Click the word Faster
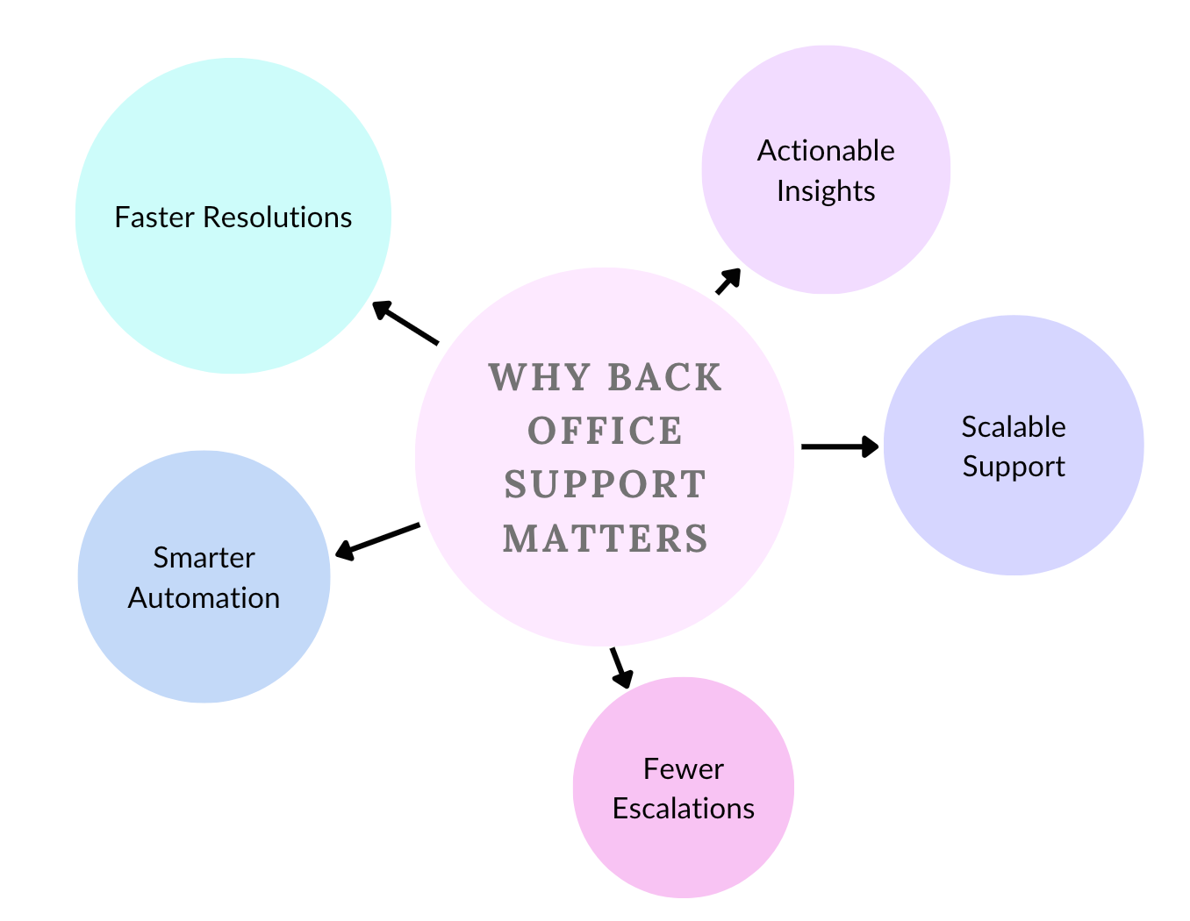point(154,218)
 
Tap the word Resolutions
point(277,218)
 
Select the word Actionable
point(826,151)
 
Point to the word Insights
point(826,191)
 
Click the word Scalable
point(1014,427)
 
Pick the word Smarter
point(204,558)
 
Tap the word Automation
point(204,598)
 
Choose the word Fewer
point(684,769)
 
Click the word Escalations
point(684,809)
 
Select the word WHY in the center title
point(540,377)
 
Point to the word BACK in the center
point(665,377)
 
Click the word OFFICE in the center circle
point(606,431)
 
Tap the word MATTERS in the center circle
point(606,539)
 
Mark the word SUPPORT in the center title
point(606,484)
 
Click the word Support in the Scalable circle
point(1014,468)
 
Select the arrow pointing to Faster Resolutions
point(405,322)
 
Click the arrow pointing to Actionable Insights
point(728,282)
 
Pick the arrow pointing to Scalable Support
point(840,446)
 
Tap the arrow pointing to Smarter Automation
point(377,542)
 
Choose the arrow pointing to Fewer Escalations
point(621,668)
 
